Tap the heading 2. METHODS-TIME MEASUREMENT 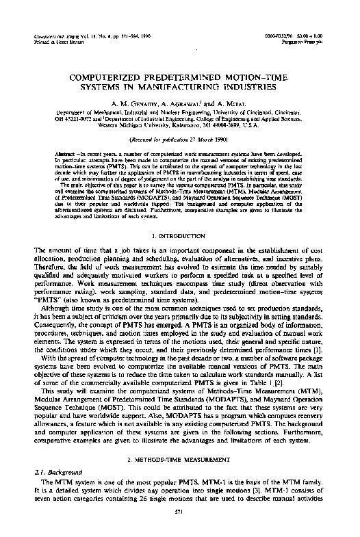point(180,434)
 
